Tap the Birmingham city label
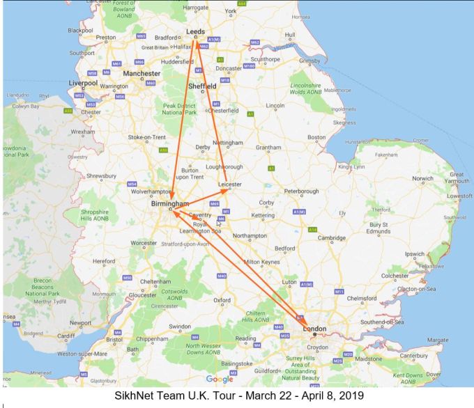170,204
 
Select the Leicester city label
229,185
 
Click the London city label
314,328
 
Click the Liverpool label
83,83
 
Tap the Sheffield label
202,86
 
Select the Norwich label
422,178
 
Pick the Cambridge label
332,237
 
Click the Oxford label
222,300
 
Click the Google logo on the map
220,379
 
